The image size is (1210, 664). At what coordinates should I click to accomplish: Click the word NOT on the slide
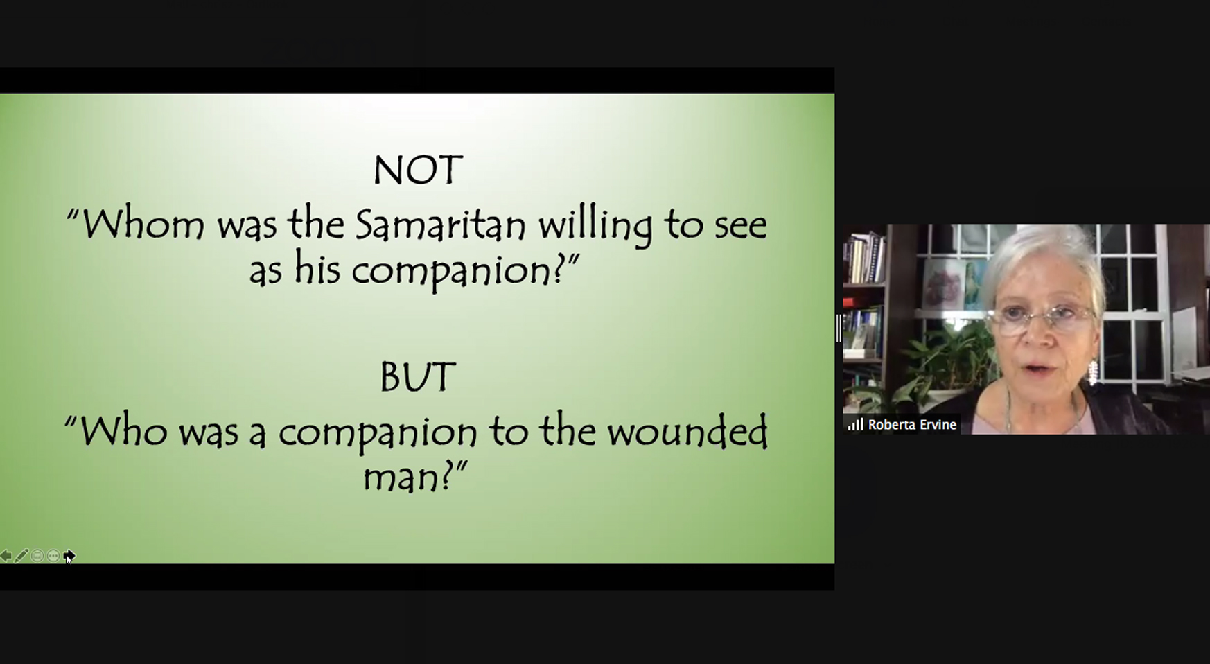[x=418, y=170]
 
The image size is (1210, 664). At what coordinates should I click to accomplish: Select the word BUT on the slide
[x=417, y=377]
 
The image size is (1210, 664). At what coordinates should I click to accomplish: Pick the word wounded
[x=687, y=431]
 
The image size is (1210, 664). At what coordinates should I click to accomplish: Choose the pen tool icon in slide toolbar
[x=21, y=556]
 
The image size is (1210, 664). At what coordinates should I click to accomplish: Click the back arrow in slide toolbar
[x=6, y=556]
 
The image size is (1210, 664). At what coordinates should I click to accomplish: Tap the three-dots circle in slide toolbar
[x=53, y=556]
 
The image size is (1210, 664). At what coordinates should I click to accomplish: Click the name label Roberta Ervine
[x=912, y=425]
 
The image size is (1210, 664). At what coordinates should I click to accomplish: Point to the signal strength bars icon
[x=855, y=424]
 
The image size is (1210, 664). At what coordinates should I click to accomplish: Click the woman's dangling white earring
[x=1094, y=373]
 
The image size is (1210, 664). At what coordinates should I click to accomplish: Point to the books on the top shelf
[x=863, y=258]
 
